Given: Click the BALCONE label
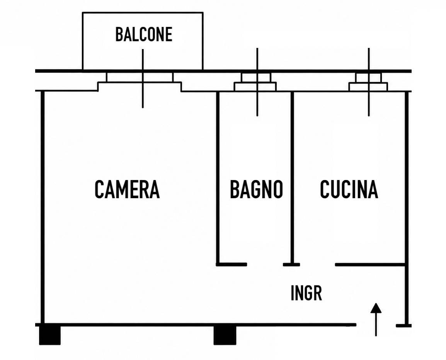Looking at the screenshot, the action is tap(144, 34).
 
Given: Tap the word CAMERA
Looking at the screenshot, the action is tap(127, 189).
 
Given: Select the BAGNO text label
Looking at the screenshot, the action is tap(256, 189).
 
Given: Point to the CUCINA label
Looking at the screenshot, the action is tap(349, 189).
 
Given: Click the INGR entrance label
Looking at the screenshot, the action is tap(306, 293).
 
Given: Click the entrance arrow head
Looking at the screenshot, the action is tap(376, 308).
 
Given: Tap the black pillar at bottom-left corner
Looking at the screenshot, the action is tap(50, 335).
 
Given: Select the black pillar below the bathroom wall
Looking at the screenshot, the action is tap(225, 335).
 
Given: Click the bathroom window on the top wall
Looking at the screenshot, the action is tap(255, 82).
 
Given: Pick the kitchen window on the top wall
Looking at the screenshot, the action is tap(368, 82).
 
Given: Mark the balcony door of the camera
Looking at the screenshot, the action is tap(140, 82).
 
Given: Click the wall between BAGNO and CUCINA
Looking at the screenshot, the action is tap(292, 178).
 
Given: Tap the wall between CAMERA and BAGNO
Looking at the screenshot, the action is tap(218, 178).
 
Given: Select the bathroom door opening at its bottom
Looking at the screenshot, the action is tap(265, 265).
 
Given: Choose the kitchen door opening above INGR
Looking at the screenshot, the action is tap(317, 265).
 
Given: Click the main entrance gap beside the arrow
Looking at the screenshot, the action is tap(376, 325).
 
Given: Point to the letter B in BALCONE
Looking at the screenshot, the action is tap(119, 34).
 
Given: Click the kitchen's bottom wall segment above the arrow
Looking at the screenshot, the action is tap(370, 265).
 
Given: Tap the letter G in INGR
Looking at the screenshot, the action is tap(307, 293).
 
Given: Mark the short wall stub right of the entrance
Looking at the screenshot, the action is tap(403, 326).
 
